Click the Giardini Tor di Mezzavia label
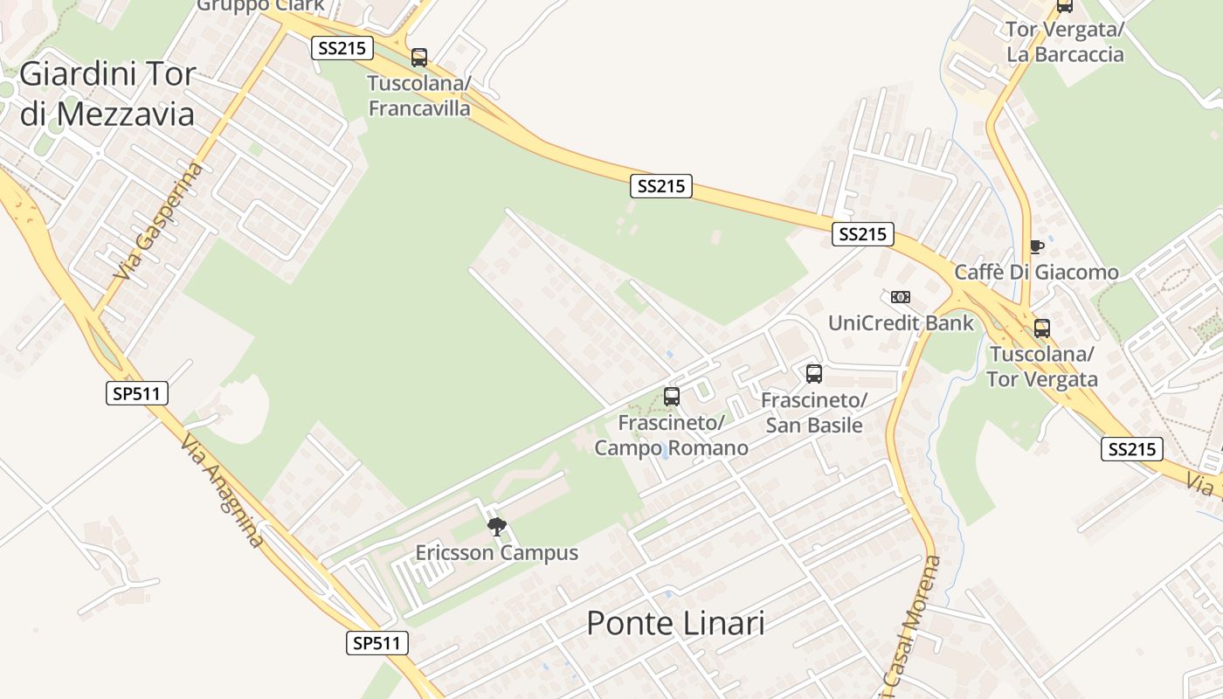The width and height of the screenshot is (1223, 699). click(x=107, y=93)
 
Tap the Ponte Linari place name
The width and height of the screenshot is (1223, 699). click(x=675, y=623)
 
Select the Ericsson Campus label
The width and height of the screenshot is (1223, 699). click(x=496, y=553)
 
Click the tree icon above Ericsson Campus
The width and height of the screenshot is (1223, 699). click(x=497, y=526)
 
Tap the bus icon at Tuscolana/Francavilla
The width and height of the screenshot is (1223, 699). click(x=419, y=58)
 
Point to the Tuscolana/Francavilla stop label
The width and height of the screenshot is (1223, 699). click(x=419, y=96)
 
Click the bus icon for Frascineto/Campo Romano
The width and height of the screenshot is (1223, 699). click(x=671, y=396)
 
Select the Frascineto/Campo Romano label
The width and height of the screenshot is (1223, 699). click(x=671, y=435)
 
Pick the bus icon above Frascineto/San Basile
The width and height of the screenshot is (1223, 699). click(x=813, y=374)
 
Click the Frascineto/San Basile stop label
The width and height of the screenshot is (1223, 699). click(x=813, y=412)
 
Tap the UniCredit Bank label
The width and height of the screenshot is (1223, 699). click(x=901, y=323)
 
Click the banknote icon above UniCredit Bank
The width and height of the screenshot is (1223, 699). click(x=901, y=297)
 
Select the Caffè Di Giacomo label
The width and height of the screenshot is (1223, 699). click(x=1036, y=273)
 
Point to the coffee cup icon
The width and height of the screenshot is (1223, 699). click(x=1036, y=246)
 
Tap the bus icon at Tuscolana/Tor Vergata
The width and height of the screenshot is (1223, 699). click(x=1041, y=329)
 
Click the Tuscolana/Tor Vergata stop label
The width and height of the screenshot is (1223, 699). click(x=1041, y=367)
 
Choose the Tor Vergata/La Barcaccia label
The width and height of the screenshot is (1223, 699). click(x=1065, y=42)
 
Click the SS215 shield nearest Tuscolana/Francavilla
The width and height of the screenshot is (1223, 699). click(x=342, y=48)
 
